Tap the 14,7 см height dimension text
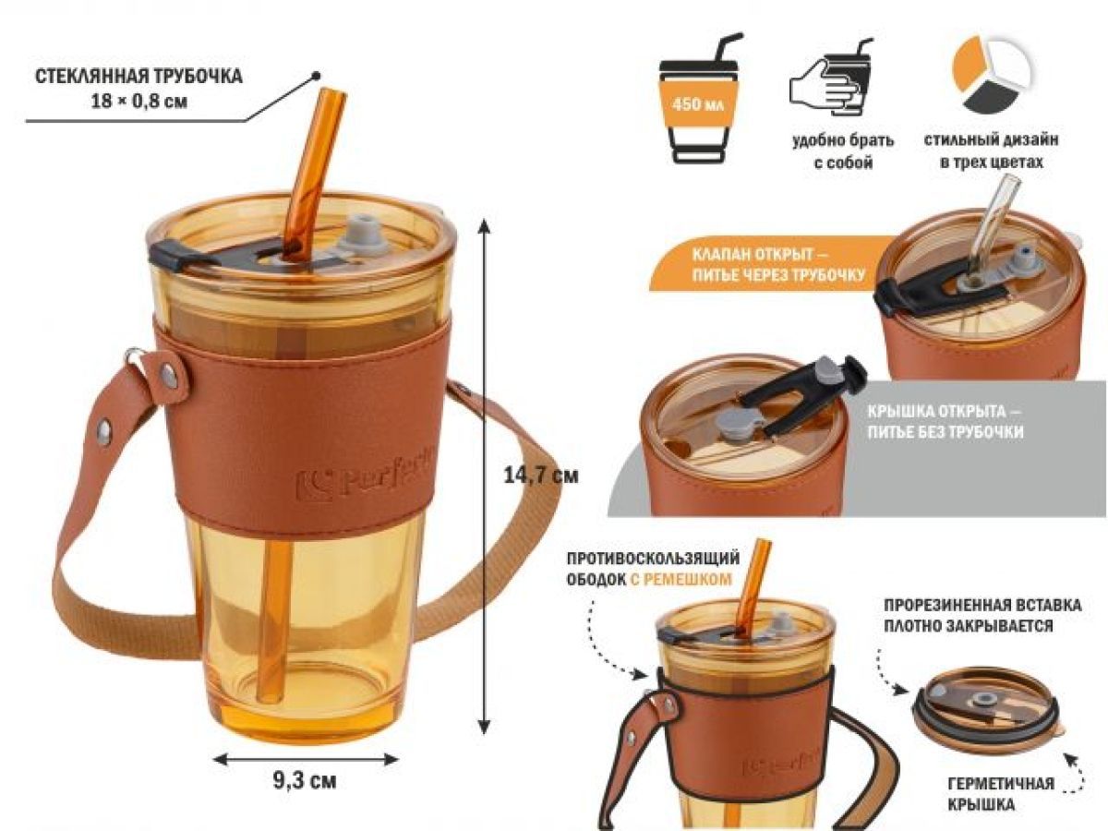coord(540,476)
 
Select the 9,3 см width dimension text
coord(305,781)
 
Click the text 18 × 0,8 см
coord(138,102)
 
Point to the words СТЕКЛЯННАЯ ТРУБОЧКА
coord(138,77)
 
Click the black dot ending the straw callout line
coord(316,76)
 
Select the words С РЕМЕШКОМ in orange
coord(680,580)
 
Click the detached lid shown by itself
coord(988,713)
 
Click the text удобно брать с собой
coord(842,151)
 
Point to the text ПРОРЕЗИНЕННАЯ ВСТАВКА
coord(982,605)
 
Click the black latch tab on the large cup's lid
coord(166,256)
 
